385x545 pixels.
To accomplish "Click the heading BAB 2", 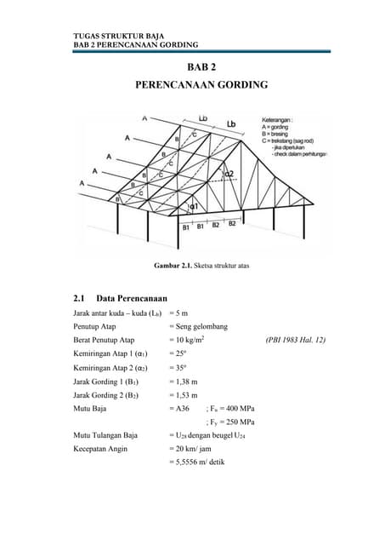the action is [201, 67].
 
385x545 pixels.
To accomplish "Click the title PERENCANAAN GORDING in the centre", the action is [201, 85].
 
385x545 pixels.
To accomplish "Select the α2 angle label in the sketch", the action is [229, 175].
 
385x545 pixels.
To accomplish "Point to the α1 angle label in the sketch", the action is [194, 207].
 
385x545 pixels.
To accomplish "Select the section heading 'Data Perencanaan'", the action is [131, 298].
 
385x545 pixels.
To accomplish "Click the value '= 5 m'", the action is [179, 313].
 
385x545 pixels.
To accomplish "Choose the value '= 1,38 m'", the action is [184, 381].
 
